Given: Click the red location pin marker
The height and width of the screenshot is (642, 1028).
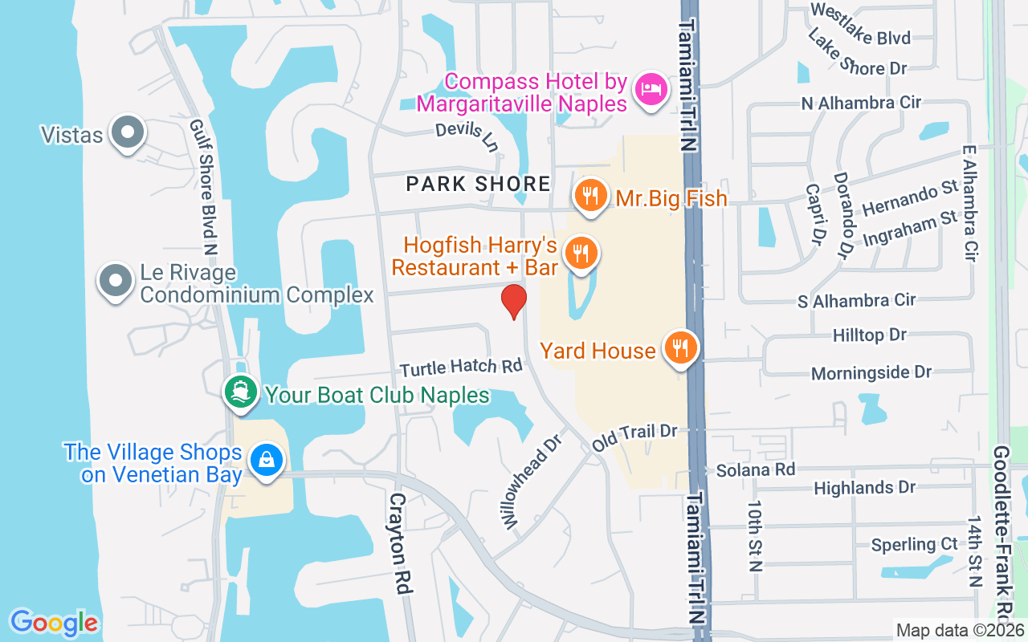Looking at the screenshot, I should point(514,302).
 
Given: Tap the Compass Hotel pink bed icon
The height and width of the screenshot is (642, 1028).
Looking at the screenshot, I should point(649,89).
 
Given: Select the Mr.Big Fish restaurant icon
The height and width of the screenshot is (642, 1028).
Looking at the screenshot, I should point(590,195).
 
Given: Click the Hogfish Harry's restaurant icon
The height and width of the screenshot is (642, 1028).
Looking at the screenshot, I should point(579,253).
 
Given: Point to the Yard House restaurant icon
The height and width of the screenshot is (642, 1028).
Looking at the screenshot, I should point(681,347).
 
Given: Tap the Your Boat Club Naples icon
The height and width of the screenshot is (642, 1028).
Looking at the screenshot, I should point(240,392).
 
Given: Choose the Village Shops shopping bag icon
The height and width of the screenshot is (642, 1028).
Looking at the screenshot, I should point(264,461).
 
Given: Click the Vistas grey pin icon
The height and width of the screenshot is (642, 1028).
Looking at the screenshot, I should point(126,132).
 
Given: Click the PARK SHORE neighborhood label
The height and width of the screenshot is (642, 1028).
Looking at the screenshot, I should point(479,184).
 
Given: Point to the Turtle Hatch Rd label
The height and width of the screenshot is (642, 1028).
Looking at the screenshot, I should point(462,368).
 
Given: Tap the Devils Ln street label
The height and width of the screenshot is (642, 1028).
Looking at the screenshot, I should point(467,136).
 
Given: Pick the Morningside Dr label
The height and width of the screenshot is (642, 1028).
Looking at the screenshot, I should point(871,372).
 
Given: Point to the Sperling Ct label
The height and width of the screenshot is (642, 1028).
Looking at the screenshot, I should point(915,544).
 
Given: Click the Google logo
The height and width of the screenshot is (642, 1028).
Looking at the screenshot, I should point(54,622).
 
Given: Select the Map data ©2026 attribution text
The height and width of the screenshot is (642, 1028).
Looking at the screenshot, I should point(960,630).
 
